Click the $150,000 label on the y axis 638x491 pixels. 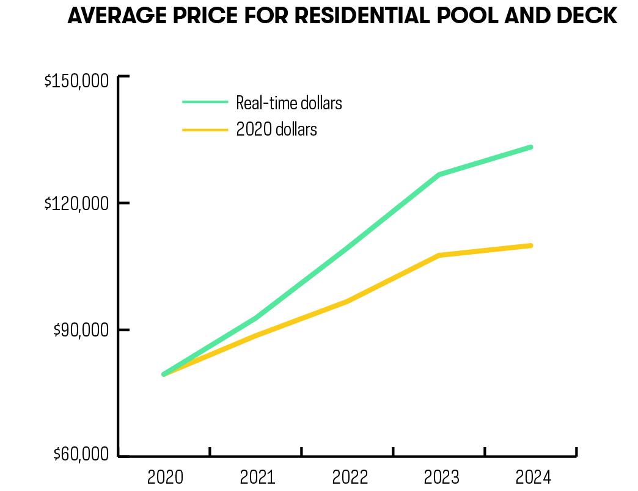coord(76,82)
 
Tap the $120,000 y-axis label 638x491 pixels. coord(76,203)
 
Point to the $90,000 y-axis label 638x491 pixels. coord(81,330)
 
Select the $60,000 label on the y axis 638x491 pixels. coord(81,455)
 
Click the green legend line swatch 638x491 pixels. coord(205,103)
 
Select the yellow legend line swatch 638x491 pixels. coord(205,129)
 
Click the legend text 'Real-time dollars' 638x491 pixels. coord(289,103)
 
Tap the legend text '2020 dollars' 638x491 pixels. coord(276,129)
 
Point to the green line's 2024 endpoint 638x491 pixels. coord(530,147)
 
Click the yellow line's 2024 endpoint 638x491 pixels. coord(530,245)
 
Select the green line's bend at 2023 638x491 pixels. coord(439,175)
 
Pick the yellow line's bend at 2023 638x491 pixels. coord(439,255)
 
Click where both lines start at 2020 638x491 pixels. coord(164,374)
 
